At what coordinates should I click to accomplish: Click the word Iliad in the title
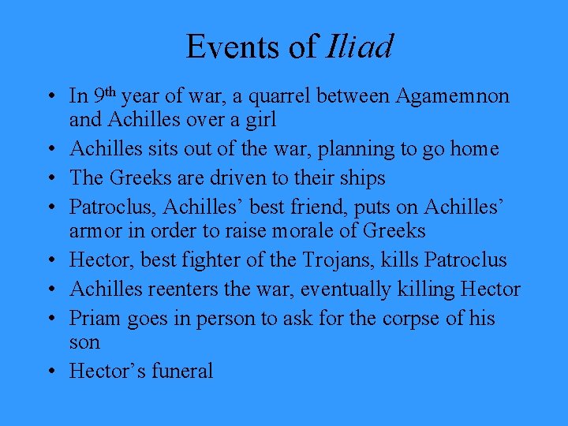358,47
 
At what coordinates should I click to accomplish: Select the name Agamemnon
453,96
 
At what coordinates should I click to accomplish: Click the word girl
259,121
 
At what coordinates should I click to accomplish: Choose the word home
471,149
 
